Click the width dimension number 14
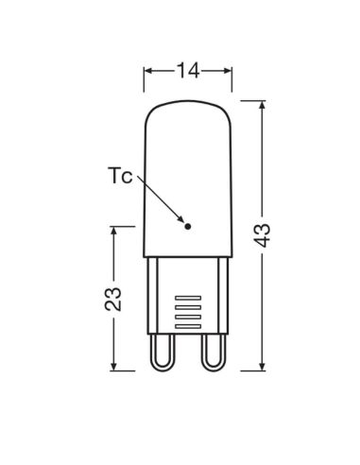188,68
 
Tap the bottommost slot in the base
189,324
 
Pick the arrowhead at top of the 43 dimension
264,102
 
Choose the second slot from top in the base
189,307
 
